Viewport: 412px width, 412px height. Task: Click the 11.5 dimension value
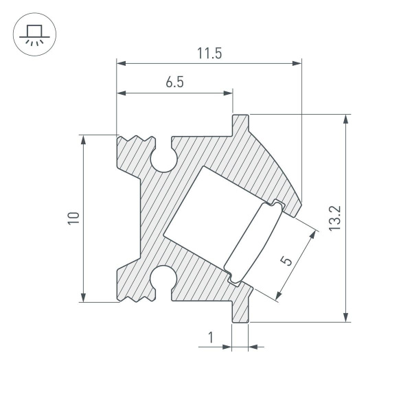[209, 54]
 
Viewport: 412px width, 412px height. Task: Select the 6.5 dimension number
[174, 82]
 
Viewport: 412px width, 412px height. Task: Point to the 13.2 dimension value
[334, 218]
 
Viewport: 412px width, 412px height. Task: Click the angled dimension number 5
[287, 260]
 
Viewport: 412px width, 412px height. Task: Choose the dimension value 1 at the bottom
[211, 337]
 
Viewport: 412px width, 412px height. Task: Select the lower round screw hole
[164, 277]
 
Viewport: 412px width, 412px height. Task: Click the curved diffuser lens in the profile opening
[253, 243]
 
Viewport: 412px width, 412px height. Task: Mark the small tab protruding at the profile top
[240, 124]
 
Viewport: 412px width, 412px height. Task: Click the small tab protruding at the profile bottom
[240, 310]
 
